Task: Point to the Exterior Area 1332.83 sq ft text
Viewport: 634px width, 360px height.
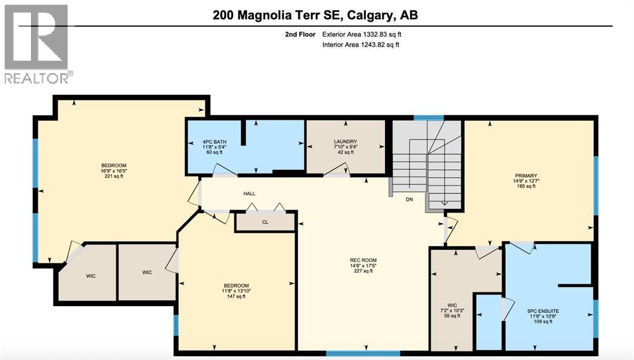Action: click(x=366, y=35)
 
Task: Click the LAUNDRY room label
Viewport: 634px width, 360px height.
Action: click(x=345, y=142)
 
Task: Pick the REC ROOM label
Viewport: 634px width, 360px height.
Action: click(x=363, y=260)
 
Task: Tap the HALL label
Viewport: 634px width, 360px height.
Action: click(x=249, y=194)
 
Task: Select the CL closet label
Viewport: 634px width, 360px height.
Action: click(x=265, y=221)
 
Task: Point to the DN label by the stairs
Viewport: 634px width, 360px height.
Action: click(x=409, y=200)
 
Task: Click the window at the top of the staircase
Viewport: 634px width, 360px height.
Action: click(x=428, y=117)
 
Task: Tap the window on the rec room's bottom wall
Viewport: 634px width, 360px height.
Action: click(x=349, y=353)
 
